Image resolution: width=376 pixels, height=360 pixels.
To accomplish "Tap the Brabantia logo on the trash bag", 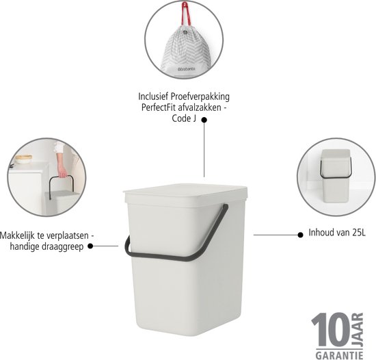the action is (x=186, y=69).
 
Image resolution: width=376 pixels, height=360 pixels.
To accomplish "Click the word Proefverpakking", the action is (x=200, y=97).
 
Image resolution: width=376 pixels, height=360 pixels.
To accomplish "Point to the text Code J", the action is (x=184, y=118).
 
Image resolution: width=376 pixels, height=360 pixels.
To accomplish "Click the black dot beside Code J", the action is (x=204, y=120).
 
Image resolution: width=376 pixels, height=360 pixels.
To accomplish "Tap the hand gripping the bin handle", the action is (x=63, y=172).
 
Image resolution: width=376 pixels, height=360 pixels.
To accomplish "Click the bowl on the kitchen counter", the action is (x=23, y=159).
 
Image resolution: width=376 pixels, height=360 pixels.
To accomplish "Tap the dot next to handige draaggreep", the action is (x=90, y=246).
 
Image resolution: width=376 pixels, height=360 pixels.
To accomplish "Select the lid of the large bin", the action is (x=185, y=195).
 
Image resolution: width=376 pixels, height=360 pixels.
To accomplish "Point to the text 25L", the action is (x=359, y=233).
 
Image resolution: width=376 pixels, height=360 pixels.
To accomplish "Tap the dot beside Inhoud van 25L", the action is (x=300, y=235).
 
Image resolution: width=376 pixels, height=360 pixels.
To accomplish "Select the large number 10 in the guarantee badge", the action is (x=331, y=329).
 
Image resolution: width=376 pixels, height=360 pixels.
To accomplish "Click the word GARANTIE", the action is (x=339, y=355).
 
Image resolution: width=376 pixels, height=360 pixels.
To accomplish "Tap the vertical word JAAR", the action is (x=358, y=329).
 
